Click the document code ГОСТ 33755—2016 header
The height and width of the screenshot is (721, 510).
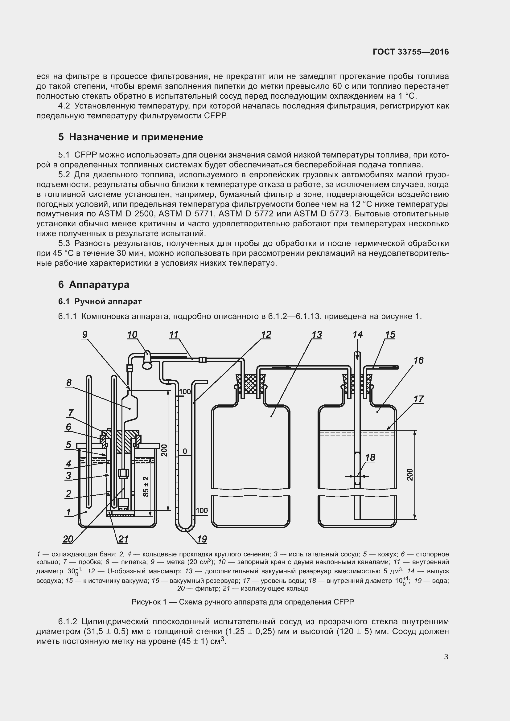411,52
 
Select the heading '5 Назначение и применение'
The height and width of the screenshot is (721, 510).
131,137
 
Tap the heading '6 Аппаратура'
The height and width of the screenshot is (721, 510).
94,285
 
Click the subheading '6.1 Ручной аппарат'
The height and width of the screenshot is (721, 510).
100,301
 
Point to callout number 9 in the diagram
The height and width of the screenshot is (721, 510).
84,335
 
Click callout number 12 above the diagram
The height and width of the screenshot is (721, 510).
266,335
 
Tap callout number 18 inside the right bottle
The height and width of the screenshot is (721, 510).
370,457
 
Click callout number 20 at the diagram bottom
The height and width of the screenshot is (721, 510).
68,539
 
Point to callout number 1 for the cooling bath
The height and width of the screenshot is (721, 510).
68,512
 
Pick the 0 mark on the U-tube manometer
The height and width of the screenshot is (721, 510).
185,451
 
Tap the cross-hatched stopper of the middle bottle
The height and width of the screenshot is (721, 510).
250,383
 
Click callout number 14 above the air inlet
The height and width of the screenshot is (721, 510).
357,335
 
